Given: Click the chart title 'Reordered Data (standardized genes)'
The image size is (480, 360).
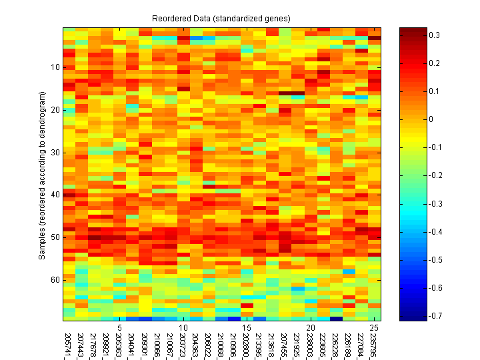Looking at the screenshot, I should [221, 17].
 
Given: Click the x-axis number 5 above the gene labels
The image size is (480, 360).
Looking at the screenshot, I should [119, 328].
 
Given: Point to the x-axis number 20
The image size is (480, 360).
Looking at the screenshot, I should [311, 328].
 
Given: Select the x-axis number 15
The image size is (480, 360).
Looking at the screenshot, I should [247, 328].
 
